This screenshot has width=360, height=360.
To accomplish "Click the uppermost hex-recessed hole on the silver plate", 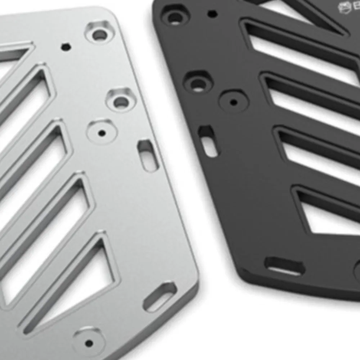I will click(x=100, y=34).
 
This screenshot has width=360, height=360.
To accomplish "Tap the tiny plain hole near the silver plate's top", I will click(x=66, y=47).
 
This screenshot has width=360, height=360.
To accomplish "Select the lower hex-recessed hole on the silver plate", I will click(x=121, y=102).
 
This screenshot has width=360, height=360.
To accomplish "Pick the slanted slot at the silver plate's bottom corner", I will click(x=160, y=297).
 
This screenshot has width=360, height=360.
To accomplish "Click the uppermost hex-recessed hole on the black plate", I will click(x=175, y=16).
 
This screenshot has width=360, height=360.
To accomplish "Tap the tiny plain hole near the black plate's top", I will click(x=213, y=14).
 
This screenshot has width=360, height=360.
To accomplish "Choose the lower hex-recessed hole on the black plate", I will click(x=198, y=83).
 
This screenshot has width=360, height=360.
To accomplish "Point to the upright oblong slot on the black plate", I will click(x=208, y=141).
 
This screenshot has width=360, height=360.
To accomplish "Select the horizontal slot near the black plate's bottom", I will click(x=285, y=267).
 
